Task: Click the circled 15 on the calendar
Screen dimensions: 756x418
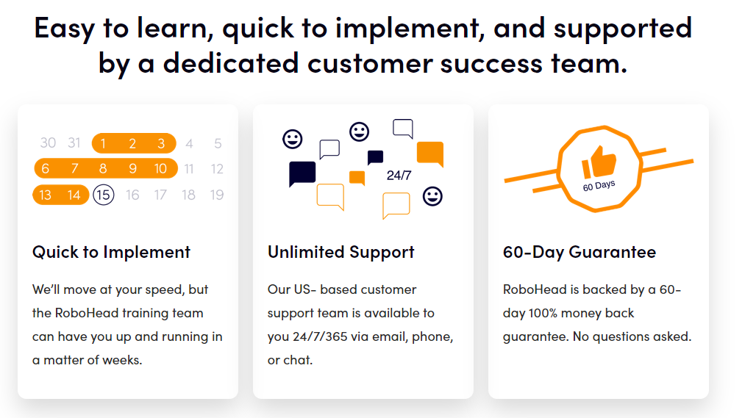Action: click(x=104, y=195)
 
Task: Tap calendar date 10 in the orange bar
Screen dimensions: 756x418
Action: click(x=160, y=168)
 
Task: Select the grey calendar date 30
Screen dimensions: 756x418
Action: click(x=49, y=143)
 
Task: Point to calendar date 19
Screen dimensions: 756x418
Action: click(x=217, y=195)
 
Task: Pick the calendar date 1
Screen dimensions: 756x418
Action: click(x=103, y=143)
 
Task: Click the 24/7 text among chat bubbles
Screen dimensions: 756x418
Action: click(x=399, y=176)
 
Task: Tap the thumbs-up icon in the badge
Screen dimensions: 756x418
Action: click(x=599, y=162)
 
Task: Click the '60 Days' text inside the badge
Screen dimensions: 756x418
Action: click(x=599, y=185)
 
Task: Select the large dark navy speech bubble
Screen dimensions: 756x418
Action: click(x=302, y=174)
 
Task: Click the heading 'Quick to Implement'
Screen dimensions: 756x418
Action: click(x=111, y=252)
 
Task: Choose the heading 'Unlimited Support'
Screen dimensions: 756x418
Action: click(x=341, y=252)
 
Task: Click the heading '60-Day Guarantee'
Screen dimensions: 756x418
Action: click(x=580, y=252)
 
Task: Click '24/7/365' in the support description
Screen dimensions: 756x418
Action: click(x=320, y=336)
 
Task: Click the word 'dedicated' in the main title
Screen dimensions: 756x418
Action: click(x=231, y=63)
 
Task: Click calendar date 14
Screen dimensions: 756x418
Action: click(x=74, y=195)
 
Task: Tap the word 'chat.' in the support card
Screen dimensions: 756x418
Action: click(x=298, y=360)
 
